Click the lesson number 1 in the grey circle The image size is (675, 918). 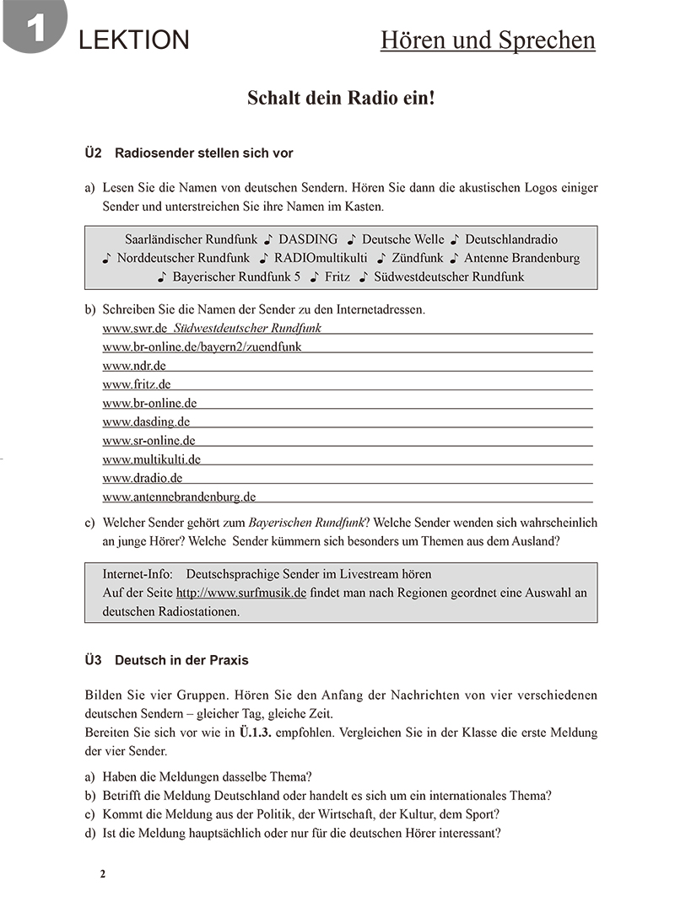tap(34, 29)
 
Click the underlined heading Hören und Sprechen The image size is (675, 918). tap(488, 40)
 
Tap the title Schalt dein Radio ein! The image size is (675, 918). tap(341, 98)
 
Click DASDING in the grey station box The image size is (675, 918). tap(308, 239)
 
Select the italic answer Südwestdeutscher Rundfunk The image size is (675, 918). tap(247, 328)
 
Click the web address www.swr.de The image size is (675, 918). tap(135, 328)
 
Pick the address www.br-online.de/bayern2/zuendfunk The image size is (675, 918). tap(202, 346)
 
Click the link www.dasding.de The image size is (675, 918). tap(146, 421)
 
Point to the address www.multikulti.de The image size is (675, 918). tap(151, 459)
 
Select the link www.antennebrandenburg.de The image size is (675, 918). tap(179, 497)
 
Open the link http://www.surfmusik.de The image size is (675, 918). tap(240, 593)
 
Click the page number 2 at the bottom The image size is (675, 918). tap(103, 874)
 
